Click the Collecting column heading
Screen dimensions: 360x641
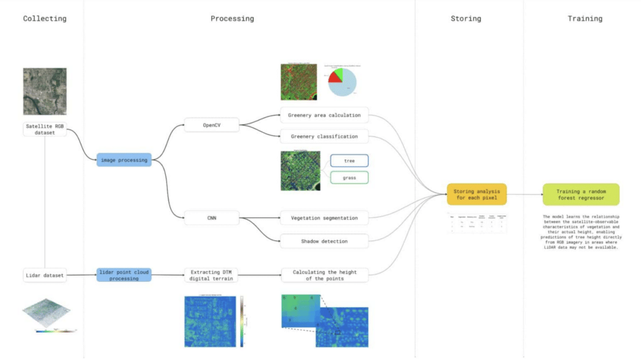(44, 19)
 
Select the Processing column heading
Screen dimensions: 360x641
(232, 19)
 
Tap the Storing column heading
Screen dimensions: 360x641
(466, 19)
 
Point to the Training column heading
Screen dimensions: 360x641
(585, 19)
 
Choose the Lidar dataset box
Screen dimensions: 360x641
(45, 274)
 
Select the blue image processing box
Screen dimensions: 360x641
(124, 160)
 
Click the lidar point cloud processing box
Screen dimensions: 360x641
(124, 274)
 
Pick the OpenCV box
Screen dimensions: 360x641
(212, 125)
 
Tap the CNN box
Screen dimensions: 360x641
(212, 218)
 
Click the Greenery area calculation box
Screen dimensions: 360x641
(324, 115)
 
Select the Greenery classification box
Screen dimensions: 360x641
(324, 136)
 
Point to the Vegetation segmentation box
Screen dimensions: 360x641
(324, 218)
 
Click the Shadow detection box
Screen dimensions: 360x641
(324, 241)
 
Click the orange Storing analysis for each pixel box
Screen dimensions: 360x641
(476, 194)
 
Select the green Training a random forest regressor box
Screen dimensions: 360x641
(580, 194)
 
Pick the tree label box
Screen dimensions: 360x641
(349, 161)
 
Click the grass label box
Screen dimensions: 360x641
(349, 178)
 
